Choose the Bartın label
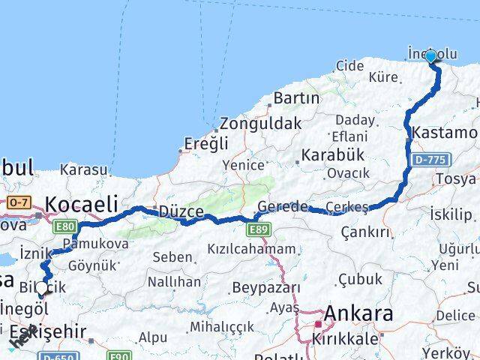pos(296,98)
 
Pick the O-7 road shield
pos(17,202)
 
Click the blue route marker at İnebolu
pos(430,57)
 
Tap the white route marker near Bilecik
pos(41,286)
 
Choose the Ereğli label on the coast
pos(205,145)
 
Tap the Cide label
pos(349,66)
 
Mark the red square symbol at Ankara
pos(318,325)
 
